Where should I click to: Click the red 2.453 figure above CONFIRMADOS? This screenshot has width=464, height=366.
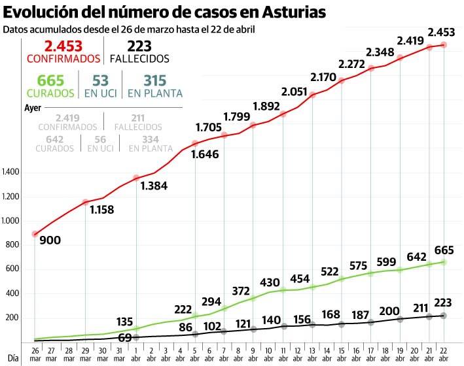click(63, 46)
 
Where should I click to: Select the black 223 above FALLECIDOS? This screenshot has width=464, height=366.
click(139, 46)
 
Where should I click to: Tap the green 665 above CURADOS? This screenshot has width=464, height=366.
click(50, 80)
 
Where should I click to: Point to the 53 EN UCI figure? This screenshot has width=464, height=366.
click(100, 80)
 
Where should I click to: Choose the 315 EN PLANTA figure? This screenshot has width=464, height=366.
click(154, 80)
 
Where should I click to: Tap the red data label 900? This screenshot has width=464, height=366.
click(50, 241)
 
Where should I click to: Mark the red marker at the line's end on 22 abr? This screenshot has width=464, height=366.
click(444, 44)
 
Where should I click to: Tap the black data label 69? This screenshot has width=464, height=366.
click(124, 336)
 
